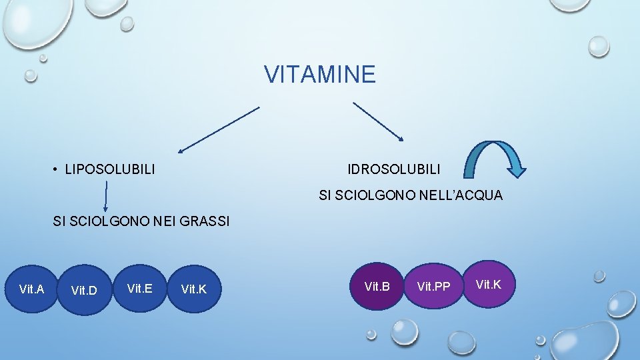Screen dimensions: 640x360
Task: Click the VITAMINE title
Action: pos(320,75)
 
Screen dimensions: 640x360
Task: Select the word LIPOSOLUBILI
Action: pos(110,170)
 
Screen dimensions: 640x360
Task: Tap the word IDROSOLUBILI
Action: pos(393,169)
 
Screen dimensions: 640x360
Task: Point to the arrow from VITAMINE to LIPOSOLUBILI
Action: pos(219,129)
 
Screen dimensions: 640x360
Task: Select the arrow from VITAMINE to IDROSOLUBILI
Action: pos(378,121)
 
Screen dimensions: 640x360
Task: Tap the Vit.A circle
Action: pos(31,289)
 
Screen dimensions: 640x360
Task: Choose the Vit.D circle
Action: pos(84,290)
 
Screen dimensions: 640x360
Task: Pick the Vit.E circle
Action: pos(139,288)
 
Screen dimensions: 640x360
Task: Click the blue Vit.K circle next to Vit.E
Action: pos(193,289)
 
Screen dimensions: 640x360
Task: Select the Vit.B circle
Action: pos(377,287)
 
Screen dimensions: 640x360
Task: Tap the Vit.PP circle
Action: pos(433,287)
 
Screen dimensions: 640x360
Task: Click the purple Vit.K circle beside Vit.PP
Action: pos(488,285)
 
